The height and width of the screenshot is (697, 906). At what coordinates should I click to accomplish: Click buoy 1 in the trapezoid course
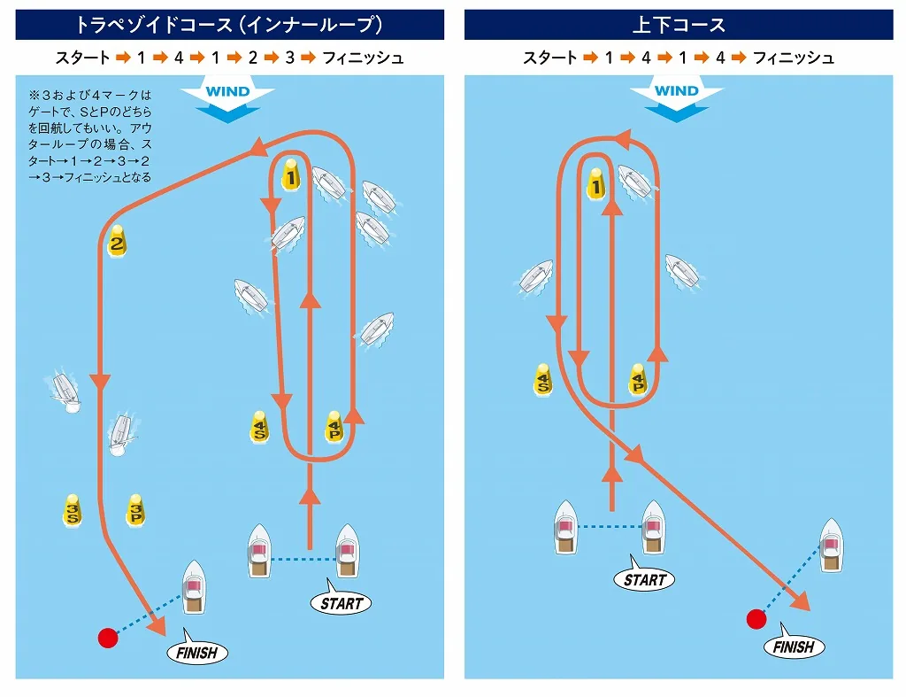pyautogui.click(x=290, y=174)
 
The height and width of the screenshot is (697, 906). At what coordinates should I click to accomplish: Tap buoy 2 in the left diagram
pyautogui.click(x=117, y=241)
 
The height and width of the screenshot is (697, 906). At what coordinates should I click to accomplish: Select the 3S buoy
pyautogui.click(x=73, y=510)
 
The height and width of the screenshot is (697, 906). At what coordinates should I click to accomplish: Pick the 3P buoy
pyautogui.click(x=135, y=510)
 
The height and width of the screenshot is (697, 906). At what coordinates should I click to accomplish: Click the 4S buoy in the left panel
pyautogui.click(x=259, y=427)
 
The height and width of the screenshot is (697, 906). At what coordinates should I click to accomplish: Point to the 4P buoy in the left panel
pyautogui.click(x=334, y=427)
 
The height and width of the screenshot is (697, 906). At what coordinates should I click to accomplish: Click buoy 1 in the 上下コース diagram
pyautogui.click(x=595, y=183)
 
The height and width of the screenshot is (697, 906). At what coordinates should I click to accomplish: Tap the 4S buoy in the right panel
pyautogui.click(x=542, y=379)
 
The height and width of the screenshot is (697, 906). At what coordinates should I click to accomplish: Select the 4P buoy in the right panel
pyautogui.click(x=637, y=379)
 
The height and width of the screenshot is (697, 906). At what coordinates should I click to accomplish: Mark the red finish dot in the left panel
pyautogui.click(x=108, y=638)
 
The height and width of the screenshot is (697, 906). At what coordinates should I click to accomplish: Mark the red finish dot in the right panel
pyautogui.click(x=756, y=619)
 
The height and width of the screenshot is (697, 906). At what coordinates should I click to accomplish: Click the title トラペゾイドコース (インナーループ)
pyautogui.click(x=229, y=25)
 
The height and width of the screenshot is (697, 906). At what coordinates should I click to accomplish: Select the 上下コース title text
pyautogui.click(x=679, y=25)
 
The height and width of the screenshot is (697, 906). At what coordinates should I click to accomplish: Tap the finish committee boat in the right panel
pyautogui.click(x=832, y=546)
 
